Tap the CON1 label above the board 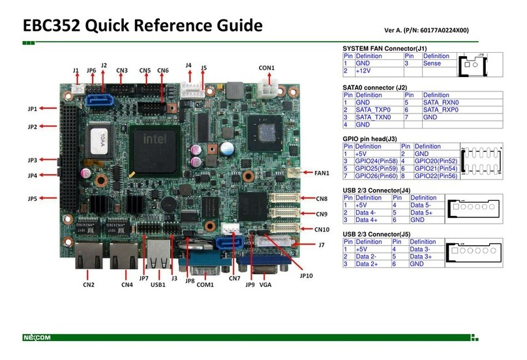point(266,68)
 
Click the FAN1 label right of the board point(322,173)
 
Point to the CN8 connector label point(321,198)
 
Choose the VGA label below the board point(265,284)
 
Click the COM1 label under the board point(205,284)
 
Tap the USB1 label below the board point(157,284)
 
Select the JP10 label point(306,275)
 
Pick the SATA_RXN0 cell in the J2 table point(441,102)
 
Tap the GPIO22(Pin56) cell point(435,176)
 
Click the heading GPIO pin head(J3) point(369,139)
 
